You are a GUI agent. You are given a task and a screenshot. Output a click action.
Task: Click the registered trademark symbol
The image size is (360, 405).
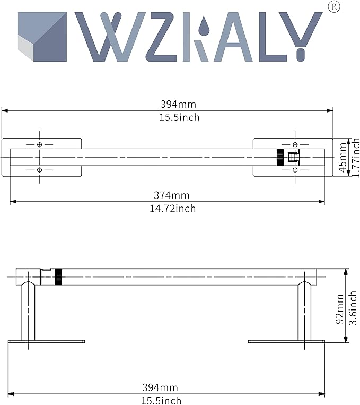pyautogui.click(x=333, y=7)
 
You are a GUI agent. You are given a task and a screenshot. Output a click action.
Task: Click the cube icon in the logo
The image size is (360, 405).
pyautogui.click(x=42, y=37)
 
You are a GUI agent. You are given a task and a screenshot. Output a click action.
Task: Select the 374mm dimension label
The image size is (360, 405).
pyautogui.click(x=172, y=195)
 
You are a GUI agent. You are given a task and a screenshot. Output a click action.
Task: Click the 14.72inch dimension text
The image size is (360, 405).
pyautogui.click(x=173, y=209)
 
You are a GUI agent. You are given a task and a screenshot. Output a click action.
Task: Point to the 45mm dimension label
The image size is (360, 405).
pyautogui.click(x=343, y=157)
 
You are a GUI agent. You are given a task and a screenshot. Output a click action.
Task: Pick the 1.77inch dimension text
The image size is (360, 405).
pyautogui.click(x=356, y=158)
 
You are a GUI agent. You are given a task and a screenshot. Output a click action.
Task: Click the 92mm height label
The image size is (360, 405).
pyautogui.click(x=339, y=309)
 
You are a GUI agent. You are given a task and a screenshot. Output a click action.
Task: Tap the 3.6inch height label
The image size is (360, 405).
pyautogui.click(x=353, y=308)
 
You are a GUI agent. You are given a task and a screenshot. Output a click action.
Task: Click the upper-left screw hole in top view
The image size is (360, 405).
pyautogui.click(x=39, y=144)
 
